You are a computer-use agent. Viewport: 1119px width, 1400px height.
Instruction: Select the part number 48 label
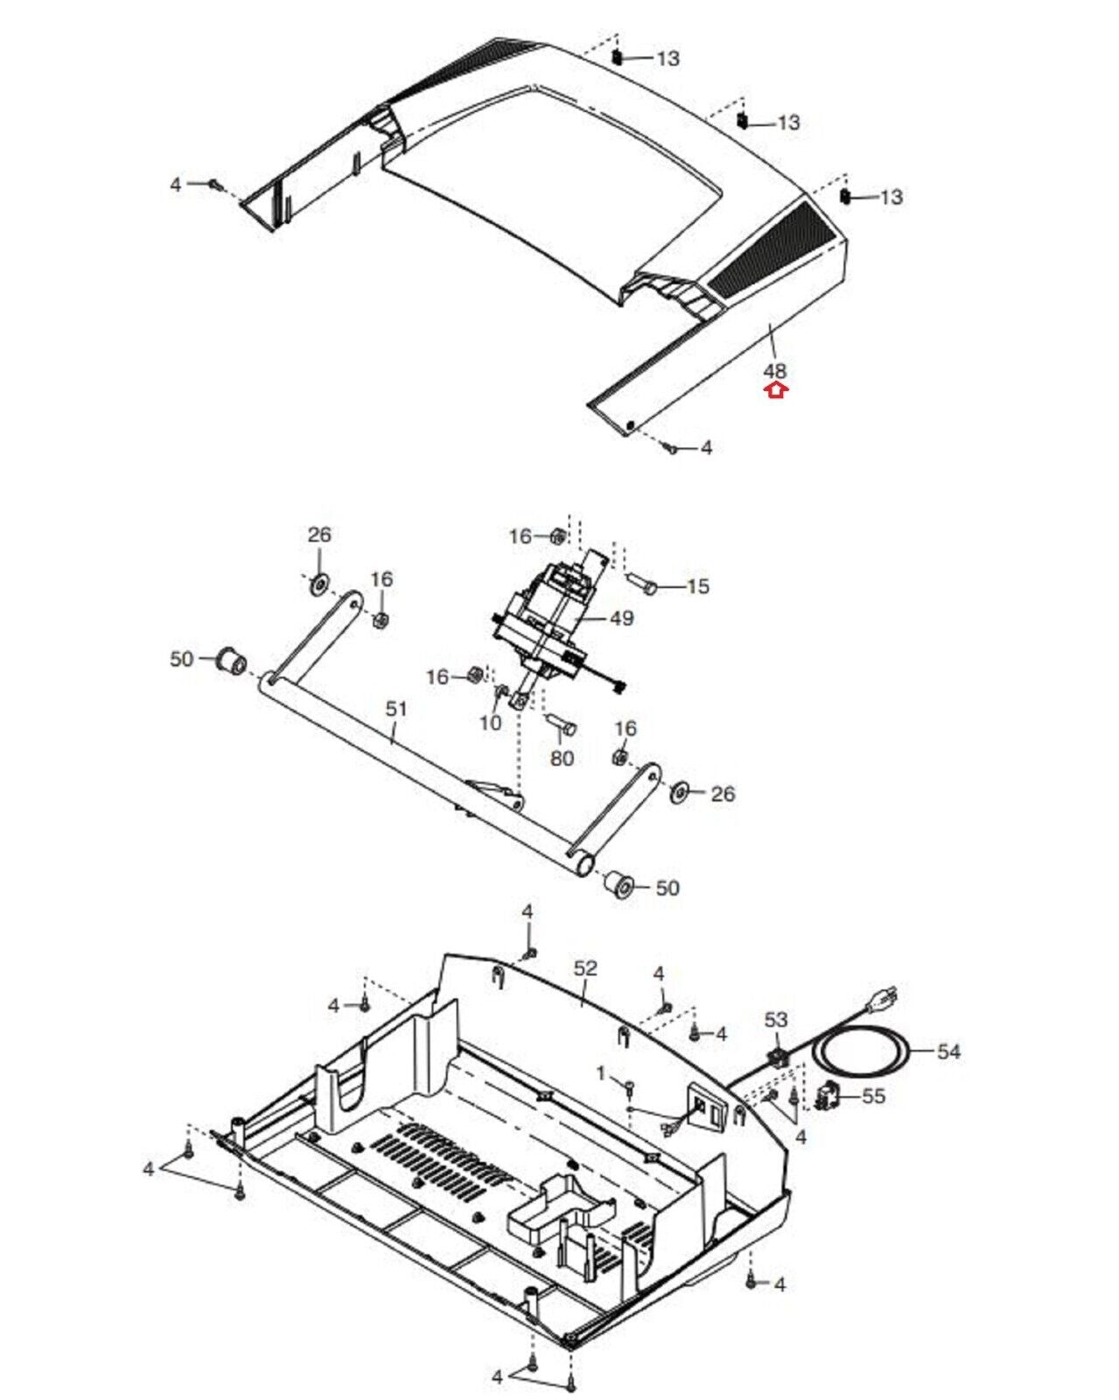coord(775,371)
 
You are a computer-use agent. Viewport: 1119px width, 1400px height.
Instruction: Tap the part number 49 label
coord(621,619)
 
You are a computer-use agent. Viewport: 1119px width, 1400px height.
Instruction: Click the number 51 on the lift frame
coord(396,708)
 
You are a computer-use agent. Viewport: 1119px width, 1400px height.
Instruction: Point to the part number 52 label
coord(585,969)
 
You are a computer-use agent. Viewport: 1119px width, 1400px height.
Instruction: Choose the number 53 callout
coord(776,1019)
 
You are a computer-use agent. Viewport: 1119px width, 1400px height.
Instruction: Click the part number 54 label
coord(948,1051)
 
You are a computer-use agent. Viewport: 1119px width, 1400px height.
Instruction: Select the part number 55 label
coord(873,1095)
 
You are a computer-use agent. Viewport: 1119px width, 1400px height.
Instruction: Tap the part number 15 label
coord(697,586)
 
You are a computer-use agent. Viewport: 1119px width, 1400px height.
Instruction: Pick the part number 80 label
coord(562,758)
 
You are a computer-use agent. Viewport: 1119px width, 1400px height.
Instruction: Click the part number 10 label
coord(490,723)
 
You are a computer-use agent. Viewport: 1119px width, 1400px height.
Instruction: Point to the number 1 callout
coord(601,1073)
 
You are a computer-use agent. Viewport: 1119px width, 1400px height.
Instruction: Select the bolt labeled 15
coord(643,584)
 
